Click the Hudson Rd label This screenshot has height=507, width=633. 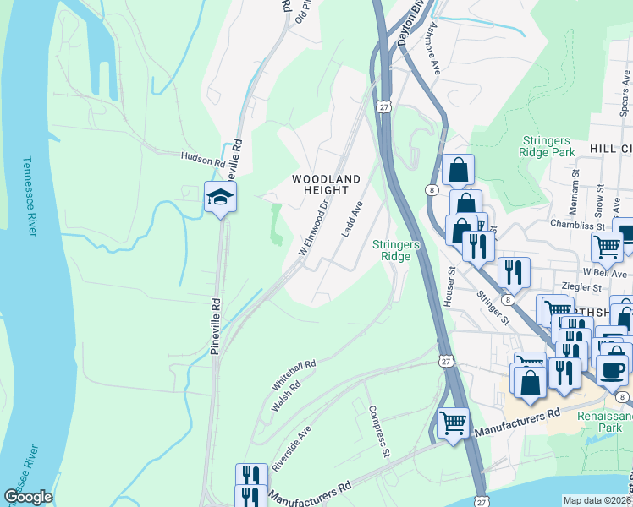(x=202, y=156)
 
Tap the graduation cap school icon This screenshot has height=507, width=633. (x=220, y=197)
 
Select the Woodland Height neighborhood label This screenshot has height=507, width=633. (x=326, y=184)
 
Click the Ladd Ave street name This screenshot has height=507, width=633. (x=351, y=219)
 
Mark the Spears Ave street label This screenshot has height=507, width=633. (x=625, y=89)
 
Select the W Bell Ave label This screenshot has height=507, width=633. (x=606, y=274)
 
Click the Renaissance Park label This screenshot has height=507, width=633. (x=604, y=422)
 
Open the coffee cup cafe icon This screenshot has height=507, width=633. (x=611, y=369)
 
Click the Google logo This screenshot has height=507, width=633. (x=28, y=497)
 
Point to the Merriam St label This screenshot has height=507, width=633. (x=574, y=206)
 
